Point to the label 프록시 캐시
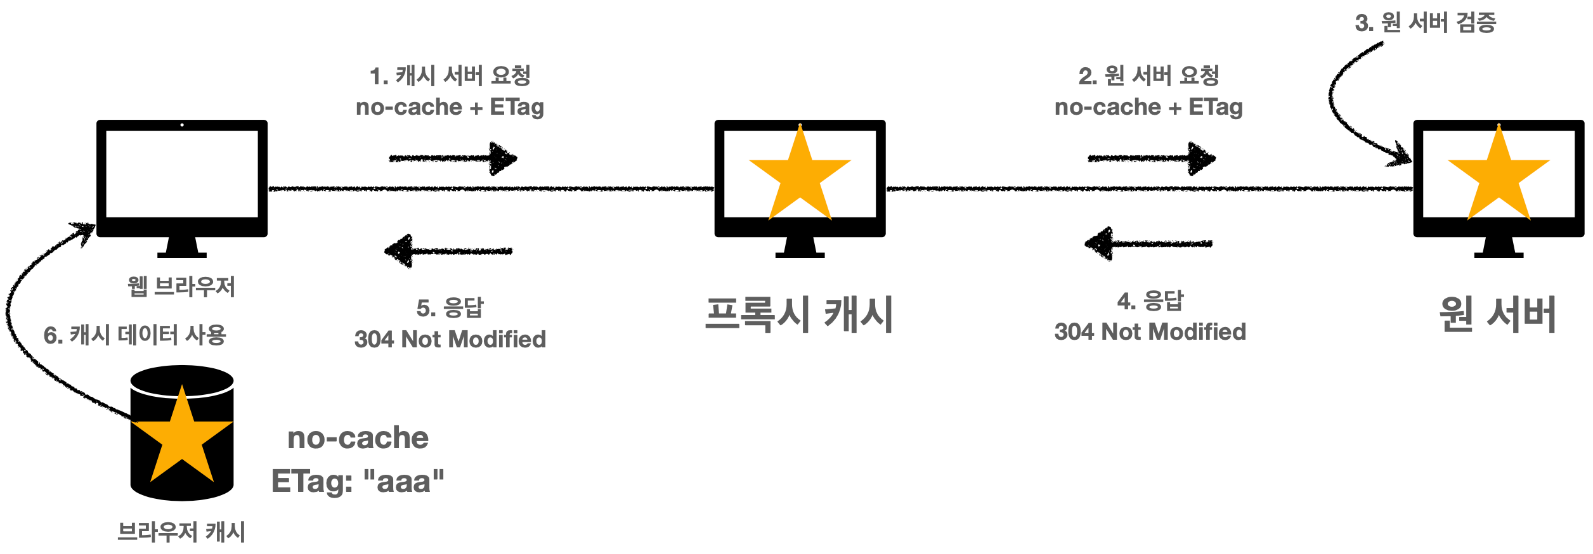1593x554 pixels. (799, 314)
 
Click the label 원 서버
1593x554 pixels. (1498, 314)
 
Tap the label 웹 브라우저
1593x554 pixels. (181, 287)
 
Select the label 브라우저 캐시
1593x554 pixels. (181, 531)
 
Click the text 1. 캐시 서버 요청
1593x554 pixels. (450, 76)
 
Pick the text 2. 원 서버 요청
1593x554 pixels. (1149, 76)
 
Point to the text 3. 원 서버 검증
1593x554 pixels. (1426, 23)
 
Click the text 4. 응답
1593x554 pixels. (1150, 300)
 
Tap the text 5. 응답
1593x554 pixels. (450, 308)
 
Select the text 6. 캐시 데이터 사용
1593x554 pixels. (135, 335)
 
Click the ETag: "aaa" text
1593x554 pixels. (358, 481)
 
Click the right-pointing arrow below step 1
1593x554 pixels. (453, 158)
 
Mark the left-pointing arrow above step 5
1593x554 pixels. (449, 251)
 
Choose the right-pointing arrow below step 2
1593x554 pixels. (1152, 158)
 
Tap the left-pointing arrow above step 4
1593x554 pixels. (1148, 243)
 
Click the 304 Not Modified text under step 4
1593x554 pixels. (1150, 332)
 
